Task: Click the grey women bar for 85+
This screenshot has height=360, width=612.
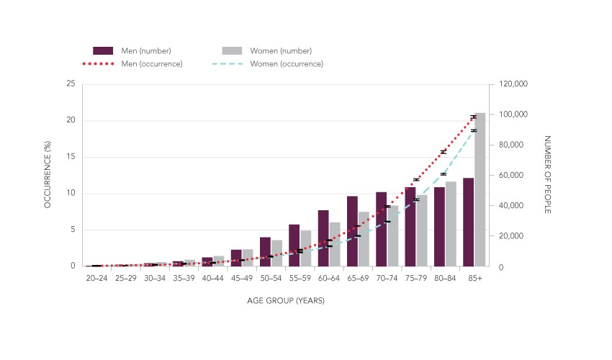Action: click(480, 190)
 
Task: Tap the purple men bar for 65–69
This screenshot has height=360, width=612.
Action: click(352, 231)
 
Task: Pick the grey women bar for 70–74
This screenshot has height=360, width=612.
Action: click(393, 236)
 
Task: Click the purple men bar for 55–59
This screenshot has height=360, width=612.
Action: click(294, 246)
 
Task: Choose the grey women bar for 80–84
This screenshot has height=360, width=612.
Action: click(451, 224)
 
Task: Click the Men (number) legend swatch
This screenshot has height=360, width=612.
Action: click(103, 50)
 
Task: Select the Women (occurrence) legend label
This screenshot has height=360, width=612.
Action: click(287, 64)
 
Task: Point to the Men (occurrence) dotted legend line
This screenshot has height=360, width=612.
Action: click(103, 64)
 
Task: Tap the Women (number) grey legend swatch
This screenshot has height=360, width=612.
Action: click(232, 50)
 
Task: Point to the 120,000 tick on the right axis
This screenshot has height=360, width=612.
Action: click(513, 84)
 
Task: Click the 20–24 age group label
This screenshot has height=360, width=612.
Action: click(96, 278)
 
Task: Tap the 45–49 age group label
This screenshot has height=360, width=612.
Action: click(242, 278)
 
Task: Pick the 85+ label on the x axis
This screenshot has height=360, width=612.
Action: click(474, 278)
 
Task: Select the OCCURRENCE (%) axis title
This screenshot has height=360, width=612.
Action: click(48, 176)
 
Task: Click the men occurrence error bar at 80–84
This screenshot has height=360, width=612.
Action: click(444, 152)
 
